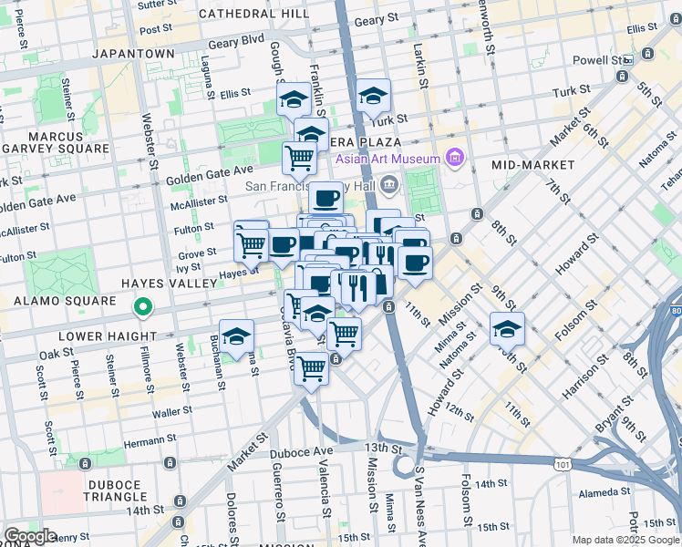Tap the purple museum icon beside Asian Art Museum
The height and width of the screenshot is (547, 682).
pos(455,159)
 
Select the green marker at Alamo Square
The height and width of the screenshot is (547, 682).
pos(142,308)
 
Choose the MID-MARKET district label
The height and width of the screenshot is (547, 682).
pos(532,164)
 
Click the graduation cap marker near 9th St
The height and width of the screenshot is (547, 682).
pos(508,328)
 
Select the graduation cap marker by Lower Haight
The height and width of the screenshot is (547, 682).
pos(236,335)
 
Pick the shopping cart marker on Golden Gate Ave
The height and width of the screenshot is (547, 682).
pos(299,158)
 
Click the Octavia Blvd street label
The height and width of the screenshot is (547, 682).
pos(294,350)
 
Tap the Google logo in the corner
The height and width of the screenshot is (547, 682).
pos(30,536)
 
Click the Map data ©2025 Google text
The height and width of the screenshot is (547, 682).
pos(625,540)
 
